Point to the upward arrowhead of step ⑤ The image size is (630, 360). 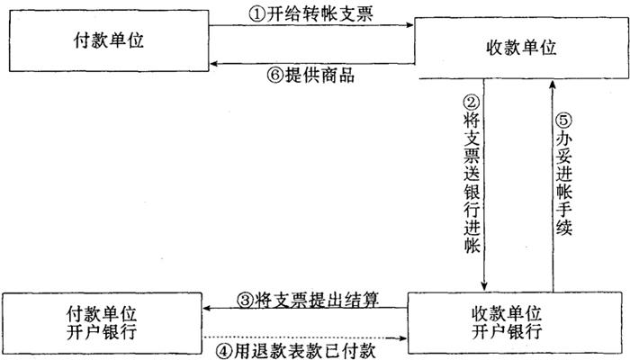pyautogui.click(x=554, y=83)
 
